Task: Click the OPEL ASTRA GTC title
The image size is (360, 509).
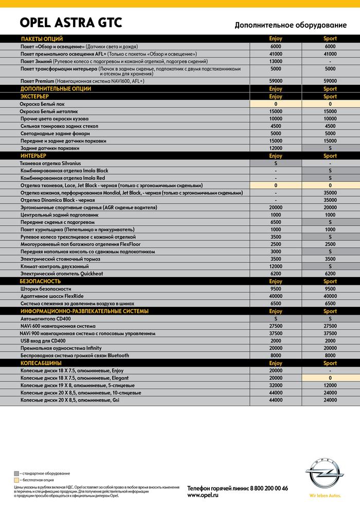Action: coord(71,23)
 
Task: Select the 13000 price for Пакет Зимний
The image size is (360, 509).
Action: coord(276,61)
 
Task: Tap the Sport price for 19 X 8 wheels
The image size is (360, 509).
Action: coord(330,385)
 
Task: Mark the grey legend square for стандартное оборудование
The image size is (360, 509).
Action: coord(16,473)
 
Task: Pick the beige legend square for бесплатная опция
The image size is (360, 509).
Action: coord(16,479)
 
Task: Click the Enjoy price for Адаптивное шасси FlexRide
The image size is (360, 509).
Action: coord(276,296)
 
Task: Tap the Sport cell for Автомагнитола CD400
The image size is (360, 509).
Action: coord(330,319)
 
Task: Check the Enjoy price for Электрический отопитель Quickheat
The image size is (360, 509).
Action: coord(276,274)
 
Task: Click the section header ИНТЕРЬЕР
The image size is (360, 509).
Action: coord(33,155)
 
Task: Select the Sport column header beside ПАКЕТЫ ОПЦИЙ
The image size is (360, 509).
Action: coord(330,39)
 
